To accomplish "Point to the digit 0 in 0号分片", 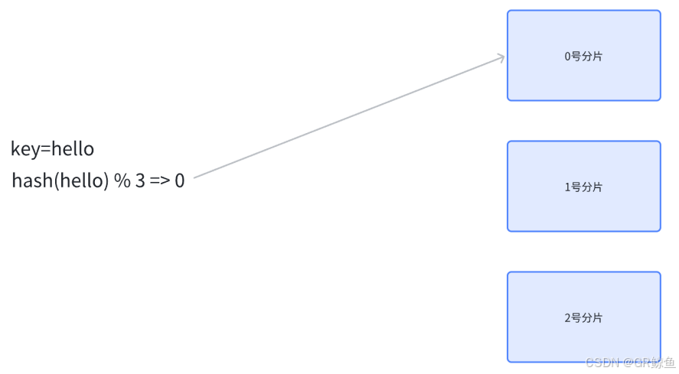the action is pos(568,56).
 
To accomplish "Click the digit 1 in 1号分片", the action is pos(568,187).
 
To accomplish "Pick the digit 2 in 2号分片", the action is pos(568,318).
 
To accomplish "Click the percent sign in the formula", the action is pos(122,182).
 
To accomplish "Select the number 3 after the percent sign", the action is pos(140,182).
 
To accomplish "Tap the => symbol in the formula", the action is pos(159,182).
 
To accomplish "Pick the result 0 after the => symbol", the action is pos(179,182).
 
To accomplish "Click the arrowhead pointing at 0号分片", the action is pos(501,56).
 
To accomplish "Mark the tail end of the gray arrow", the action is pos(196,177).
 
